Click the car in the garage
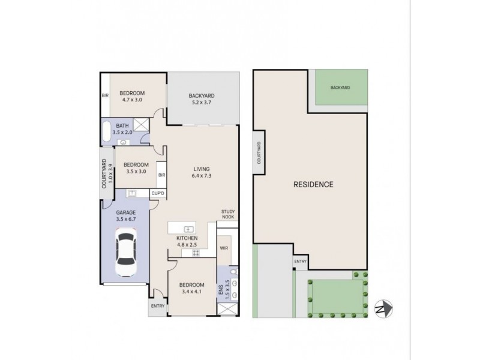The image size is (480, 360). [126, 252]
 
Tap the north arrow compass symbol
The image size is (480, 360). [384, 308]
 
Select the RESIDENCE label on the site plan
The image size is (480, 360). [313, 184]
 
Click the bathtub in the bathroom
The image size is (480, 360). [106, 131]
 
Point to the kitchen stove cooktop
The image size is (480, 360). [196, 253]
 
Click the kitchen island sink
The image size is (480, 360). [188, 229]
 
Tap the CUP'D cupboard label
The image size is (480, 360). [158, 193]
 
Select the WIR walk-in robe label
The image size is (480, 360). [224, 248]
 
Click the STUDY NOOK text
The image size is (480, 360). [228, 214]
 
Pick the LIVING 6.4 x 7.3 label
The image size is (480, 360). [202, 172]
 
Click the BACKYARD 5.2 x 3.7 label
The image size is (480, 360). [202, 99]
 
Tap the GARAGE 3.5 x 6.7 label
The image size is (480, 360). [126, 215]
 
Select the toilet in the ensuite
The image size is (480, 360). [234, 272]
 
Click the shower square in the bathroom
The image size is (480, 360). [141, 125]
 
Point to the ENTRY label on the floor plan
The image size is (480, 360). [158, 306]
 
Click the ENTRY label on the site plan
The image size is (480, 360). [300, 262]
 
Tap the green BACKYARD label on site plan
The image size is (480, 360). [340, 88]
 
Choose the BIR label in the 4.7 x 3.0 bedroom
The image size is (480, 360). [105, 95]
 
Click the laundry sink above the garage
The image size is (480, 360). [132, 193]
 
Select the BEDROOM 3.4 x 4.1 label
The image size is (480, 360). [191, 288]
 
